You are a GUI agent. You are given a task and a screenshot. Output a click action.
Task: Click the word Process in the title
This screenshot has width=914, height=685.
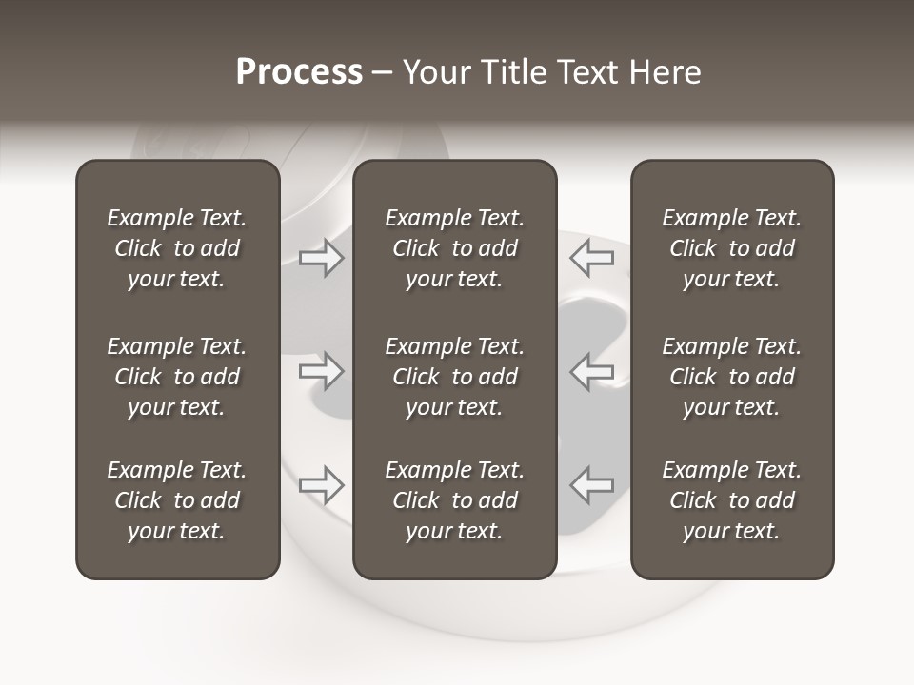pos(299,72)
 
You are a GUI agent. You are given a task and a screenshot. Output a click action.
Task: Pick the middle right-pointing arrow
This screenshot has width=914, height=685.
pos(321,371)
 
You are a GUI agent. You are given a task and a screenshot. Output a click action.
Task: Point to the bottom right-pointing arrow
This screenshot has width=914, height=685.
pos(321,485)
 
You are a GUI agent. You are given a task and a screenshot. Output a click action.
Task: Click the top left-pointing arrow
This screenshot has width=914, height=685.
pos(591,257)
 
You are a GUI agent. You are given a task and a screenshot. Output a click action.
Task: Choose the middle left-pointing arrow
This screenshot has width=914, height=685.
pos(591,371)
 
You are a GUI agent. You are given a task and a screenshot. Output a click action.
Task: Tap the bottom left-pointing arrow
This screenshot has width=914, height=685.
pos(591,485)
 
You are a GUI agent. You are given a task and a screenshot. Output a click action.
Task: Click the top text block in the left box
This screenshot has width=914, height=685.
pos(177,248)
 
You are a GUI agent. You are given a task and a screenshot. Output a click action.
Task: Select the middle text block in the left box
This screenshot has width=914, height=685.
pos(177,377)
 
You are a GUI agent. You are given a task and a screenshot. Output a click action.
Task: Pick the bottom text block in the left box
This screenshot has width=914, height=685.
pos(177,500)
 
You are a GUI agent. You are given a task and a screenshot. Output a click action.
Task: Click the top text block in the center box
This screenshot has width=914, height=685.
pos(454,248)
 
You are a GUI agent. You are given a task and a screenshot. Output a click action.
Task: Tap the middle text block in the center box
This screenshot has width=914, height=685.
pos(454,377)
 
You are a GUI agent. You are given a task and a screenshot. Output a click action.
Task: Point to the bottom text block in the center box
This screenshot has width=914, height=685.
pos(454,500)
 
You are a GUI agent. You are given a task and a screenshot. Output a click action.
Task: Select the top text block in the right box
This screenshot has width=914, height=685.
pos(731,248)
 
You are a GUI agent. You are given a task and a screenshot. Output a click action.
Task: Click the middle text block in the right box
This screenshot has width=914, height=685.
pos(731,377)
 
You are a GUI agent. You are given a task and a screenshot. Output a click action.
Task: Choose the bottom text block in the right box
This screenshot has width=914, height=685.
pos(731,500)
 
